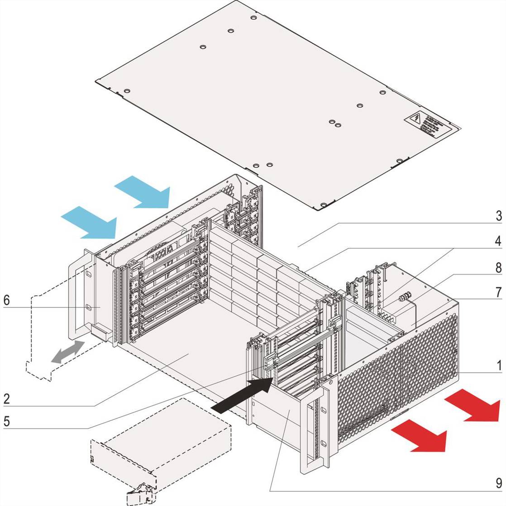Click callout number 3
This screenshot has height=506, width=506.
click(x=498, y=215)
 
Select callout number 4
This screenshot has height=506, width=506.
click(x=498, y=241)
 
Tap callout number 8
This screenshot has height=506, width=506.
click(x=498, y=267)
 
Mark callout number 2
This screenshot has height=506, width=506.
click(x=6, y=399)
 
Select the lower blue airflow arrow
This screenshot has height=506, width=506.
click(x=91, y=222)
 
